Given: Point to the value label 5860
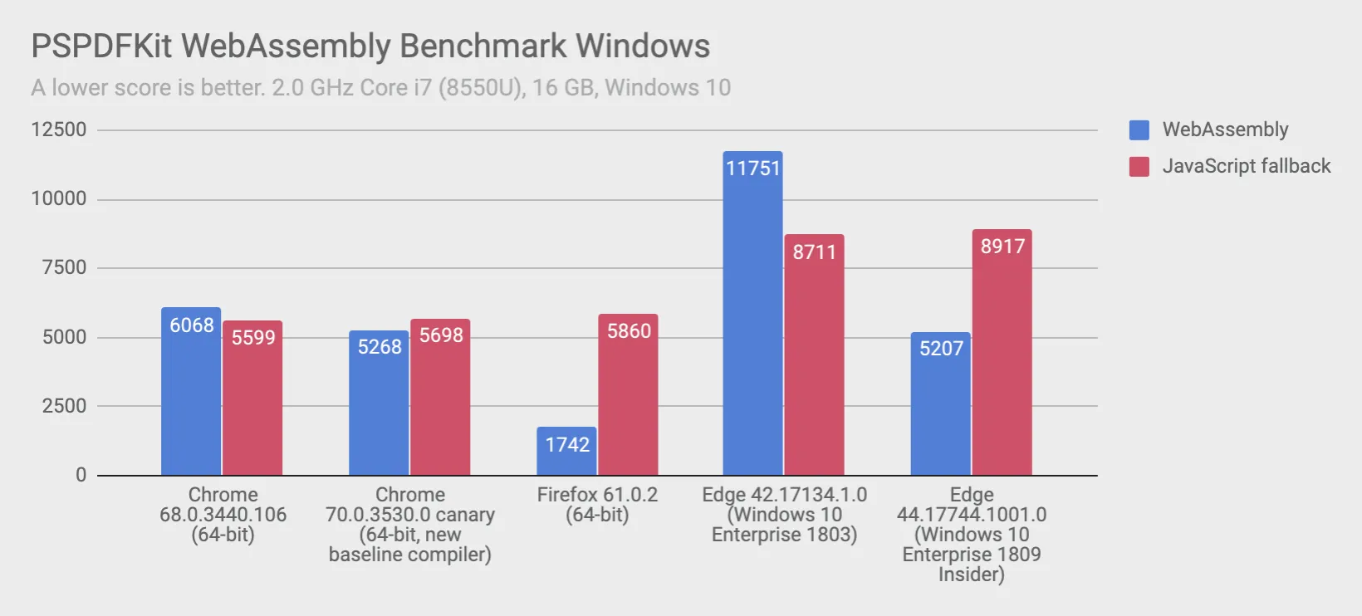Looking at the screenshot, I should pyautogui.click(x=629, y=331).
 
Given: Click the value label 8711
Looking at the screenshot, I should pyautogui.click(x=814, y=252).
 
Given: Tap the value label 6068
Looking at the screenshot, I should pyautogui.click(x=192, y=325).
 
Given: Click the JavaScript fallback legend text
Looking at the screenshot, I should pyautogui.click(x=1246, y=166).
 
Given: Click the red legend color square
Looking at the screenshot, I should pyautogui.click(x=1139, y=167).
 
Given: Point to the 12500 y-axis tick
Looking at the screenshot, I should pyautogui.click(x=58, y=130).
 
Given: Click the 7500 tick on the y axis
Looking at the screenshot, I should pyautogui.click(x=64, y=267).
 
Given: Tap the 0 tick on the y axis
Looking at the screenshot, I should pyautogui.click(x=81, y=475).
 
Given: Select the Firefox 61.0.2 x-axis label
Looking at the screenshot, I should pyautogui.click(x=597, y=505).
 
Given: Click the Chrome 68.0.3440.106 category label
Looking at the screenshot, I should pyautogui.click(x=223, y=514).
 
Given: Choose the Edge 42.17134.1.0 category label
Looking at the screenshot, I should pyautogui.click(x=784, y=514).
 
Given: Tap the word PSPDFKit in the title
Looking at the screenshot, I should pyautogui.click(x=101, y=46).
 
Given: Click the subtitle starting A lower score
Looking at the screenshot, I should pyautogui.click(x=380, y=88).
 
